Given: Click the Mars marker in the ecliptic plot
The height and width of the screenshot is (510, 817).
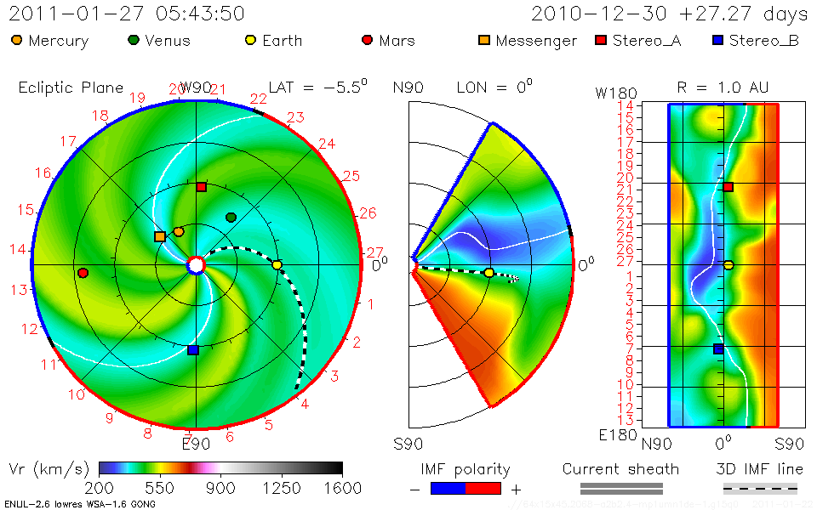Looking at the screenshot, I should click(83, 273).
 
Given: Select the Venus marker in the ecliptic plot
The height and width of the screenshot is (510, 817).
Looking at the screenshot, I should click(231, 218).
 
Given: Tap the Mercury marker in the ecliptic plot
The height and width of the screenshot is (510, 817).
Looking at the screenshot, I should click(179, 231).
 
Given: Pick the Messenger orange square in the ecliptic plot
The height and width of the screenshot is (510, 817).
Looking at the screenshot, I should click(160, 236).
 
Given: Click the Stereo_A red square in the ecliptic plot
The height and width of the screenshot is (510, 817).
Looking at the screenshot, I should click(202, 187).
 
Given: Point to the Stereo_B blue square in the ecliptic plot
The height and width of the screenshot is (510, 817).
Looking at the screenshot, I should click(193, 349).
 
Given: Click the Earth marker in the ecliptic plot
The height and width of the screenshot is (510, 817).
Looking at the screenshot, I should click(277, 265).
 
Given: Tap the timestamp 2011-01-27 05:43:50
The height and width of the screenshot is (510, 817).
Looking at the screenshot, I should click(128, 14).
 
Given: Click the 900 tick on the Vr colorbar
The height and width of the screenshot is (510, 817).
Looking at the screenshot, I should click(221, 488).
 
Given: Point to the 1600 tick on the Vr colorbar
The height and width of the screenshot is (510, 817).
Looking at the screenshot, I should click(341, 488).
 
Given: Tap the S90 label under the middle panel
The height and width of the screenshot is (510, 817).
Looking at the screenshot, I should click(408, 444).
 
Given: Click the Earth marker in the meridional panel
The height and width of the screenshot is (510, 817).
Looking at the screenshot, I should click(488, 273).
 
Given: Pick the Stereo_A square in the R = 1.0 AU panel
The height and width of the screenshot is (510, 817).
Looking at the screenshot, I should click(728, 187).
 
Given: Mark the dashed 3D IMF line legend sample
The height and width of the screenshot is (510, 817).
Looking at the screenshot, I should click(760, 488).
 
